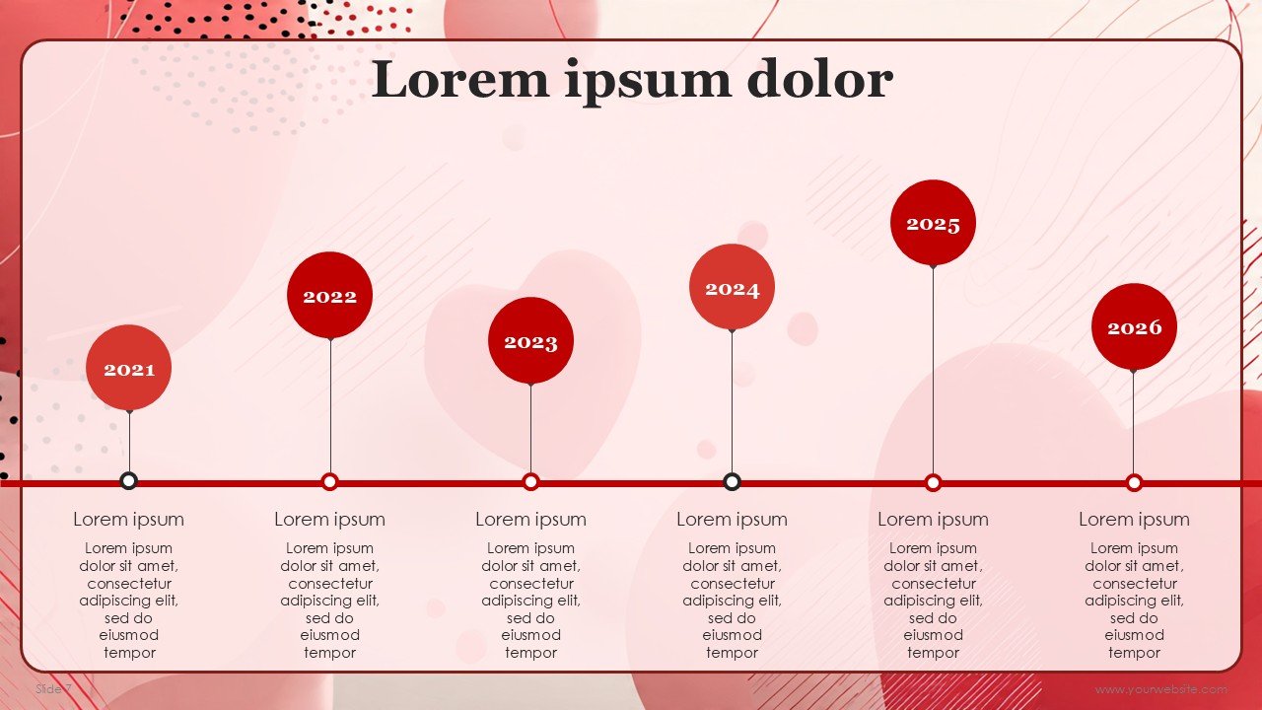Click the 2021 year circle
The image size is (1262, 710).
(x=128, y=368)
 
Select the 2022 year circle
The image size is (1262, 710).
(x=329, y=295)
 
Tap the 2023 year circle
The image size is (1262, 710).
(x=530, y=340)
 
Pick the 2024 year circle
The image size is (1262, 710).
(x=732, y=287)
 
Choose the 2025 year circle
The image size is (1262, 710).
(x=933, y=223)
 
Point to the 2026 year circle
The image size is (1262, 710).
(x=1134, y=326)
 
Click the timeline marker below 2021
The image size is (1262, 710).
(x=128, y=481)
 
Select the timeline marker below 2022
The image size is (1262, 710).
(x=329, y=482)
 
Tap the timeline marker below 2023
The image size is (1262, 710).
(x=530, y=482)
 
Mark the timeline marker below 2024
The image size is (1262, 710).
(x=732, y=482)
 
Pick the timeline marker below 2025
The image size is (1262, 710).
(x=933, y=482)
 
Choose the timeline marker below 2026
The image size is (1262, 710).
(x=1134, y=482)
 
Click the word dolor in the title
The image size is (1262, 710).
(x=820, y=79)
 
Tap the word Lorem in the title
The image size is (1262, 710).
(x=460, y=79)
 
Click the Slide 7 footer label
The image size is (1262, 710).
(x=53, y=688)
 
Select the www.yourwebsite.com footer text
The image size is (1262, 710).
(x=1161, y=689)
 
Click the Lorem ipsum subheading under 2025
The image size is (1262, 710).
(x=933, y=519)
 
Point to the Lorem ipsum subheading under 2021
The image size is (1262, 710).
(x=128, y=519)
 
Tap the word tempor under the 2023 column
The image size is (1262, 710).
(x=530, y=653)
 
